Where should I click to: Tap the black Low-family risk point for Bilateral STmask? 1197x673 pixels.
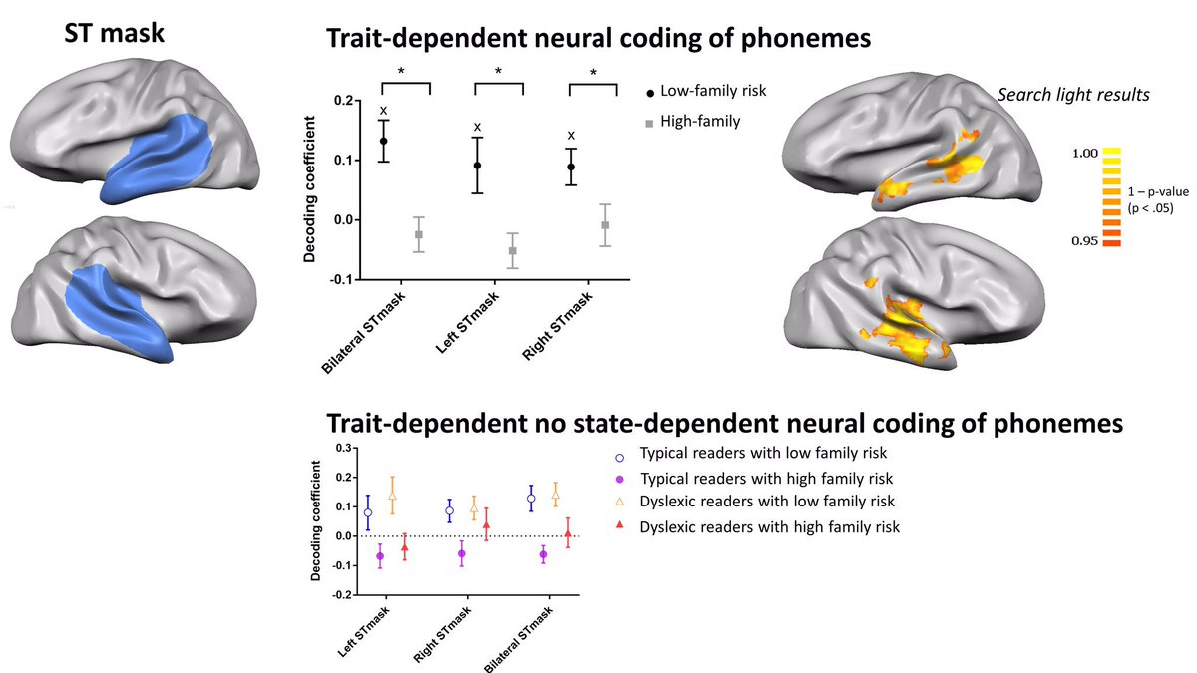click(x=383, y=141)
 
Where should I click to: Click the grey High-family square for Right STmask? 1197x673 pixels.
click(x=605, y=225)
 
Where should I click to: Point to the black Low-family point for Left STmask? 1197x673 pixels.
click(x=477, y=166)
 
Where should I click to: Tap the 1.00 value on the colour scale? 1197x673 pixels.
click(x=1085, y=154)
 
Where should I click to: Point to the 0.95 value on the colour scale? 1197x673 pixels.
click(x=1085, y=241)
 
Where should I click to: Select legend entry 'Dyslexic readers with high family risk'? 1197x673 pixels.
click(x=769, y=526)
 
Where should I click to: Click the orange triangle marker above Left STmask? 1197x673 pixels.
click(x=392, y=496)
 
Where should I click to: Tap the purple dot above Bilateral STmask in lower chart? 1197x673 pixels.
click(x=543, y=554)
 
